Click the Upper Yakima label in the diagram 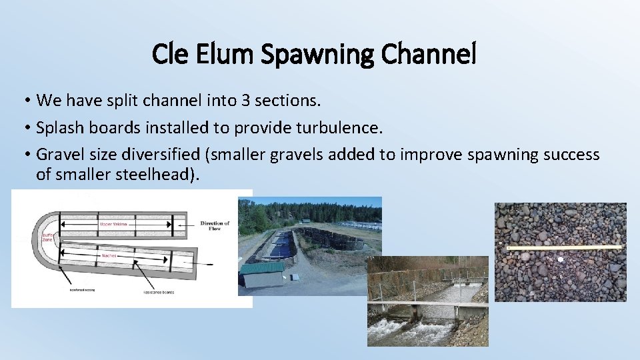(x=113, y=225)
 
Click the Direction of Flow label (x=215, y=226)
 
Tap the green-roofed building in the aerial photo (x=261, y=276)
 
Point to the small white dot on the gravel (x=561, y=259)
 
